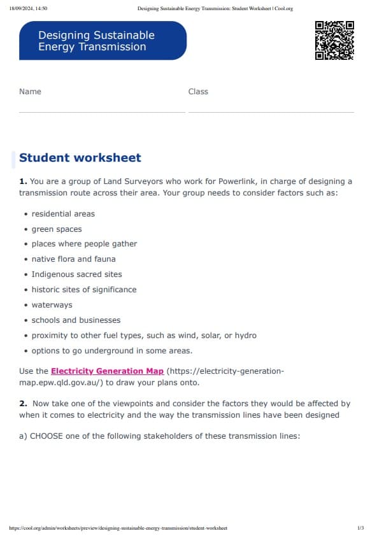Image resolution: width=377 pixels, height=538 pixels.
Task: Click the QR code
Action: pyautogui.click(x=334, y=40)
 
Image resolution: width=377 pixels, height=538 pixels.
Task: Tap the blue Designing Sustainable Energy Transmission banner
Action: pyautogui.click(x=103, y=41)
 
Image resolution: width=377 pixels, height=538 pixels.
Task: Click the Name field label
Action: pyautogui.click(x=30, y=92)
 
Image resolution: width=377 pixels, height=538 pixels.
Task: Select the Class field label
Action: pyautogui.click(x=198, y=92)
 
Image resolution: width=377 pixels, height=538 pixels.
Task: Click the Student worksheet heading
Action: pyautogui.click(x=80, y=158)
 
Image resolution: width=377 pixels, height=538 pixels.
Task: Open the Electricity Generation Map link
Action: pyautogui.click(x=107, y=371)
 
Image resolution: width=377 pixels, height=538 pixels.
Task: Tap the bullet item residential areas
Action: pyautogui.click(x=63, y=214)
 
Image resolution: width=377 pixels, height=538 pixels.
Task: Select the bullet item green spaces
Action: pyautogui.click(x=57, y=229)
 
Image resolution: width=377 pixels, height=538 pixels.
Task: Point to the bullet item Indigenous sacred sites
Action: pyautogui.click(x=76, y=274)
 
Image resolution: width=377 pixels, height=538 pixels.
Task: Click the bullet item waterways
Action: pyautogui.click(x=52, y=305)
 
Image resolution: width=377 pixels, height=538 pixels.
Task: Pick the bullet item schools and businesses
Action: pyautogui.click(x=76, y=320)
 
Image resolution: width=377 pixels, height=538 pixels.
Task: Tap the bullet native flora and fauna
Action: pyautogui.click(x=73, y=259)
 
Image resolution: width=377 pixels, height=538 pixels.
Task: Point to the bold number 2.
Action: pyautogui.click(x=23, y=404)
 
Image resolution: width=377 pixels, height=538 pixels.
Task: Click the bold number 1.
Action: pyautogui.click(x=23, y=181)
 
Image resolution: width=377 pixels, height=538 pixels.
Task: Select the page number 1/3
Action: pyautogui.click(x=360, y=528)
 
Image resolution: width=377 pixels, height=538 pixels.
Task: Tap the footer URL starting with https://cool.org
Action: pyautogui.click(x=118, y=528)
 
